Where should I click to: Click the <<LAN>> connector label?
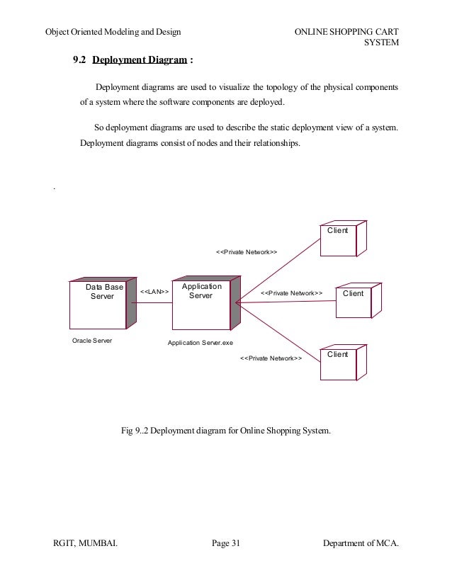(x=154, y=292)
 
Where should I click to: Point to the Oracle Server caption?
(x=92, y=341)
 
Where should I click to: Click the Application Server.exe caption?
(x=200, y=342)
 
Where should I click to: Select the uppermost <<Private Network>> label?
(x=245, y=251)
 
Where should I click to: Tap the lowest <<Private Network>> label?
(x=271, y=358)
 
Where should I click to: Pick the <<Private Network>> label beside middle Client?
(x=291, y=292)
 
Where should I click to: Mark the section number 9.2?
(x=79, y=62)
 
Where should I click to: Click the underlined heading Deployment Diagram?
(x=139, y=62)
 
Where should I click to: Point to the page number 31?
(x=226, y=543)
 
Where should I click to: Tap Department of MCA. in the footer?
(x=361, y=543)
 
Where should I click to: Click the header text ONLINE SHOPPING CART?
(x=345, y=32)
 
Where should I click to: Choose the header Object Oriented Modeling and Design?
(x=113, y=32)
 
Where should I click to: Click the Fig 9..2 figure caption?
(x=226, y=429)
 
